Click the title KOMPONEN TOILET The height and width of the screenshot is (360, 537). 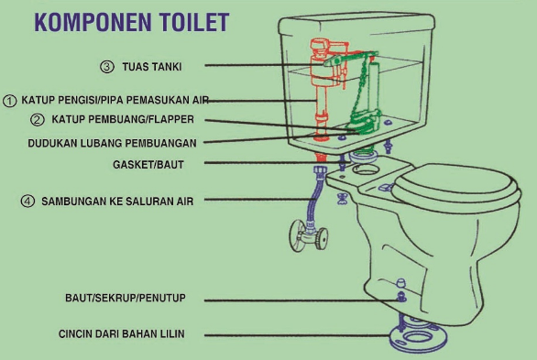[132, 22]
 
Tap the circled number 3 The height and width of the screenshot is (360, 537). [107, 67]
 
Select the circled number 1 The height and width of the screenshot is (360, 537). [9, 101]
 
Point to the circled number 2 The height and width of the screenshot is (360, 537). [38, 120]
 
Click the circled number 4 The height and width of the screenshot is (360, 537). [27, 201]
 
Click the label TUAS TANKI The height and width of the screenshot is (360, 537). [152, 67]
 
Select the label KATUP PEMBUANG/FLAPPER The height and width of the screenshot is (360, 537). [123, 119]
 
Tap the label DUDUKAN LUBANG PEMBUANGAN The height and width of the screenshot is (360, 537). [112, 143]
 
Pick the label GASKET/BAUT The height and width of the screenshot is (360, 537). [148, 165]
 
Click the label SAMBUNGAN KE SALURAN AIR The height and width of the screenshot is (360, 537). [117, 202]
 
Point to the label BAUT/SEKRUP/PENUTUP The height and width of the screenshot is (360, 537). [126, 298]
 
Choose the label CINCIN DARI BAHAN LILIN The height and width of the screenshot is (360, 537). [122, 333]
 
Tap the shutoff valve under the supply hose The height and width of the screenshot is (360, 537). [308, 235]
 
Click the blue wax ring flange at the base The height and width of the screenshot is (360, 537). [419, 337]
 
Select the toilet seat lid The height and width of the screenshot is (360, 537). [455, 187]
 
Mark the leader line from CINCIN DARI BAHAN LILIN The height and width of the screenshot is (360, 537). [298, 335]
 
